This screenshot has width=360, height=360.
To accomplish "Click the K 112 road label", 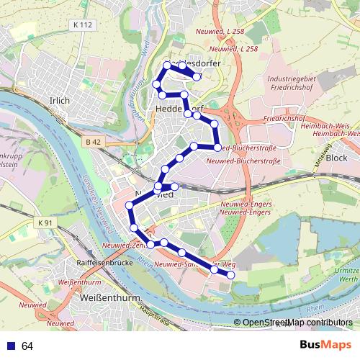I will click(x=84, y=25).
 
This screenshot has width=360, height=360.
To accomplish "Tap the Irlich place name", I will click(x=58, y=101).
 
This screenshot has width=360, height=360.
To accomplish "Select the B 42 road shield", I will click(x=91, y=142).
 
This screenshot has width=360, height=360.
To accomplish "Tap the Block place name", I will click(x=336, y=157).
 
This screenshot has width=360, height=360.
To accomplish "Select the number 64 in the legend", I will click(x=27, y=346).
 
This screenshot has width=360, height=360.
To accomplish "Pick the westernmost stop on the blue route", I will click(x=130, y=206).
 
